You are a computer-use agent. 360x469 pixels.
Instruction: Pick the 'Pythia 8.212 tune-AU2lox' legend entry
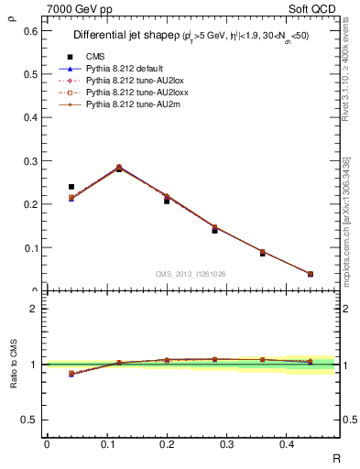[130, 81]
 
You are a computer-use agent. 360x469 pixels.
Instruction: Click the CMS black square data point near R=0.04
[71, 187]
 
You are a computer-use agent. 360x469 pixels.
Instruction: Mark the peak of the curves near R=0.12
[119, 168]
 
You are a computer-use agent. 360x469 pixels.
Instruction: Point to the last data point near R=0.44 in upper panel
[311, 274]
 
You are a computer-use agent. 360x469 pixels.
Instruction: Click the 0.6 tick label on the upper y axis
[31, 30]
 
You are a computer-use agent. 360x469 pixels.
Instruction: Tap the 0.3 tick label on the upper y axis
[31, 160]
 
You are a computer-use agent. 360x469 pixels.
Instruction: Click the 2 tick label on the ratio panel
[34, 309]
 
